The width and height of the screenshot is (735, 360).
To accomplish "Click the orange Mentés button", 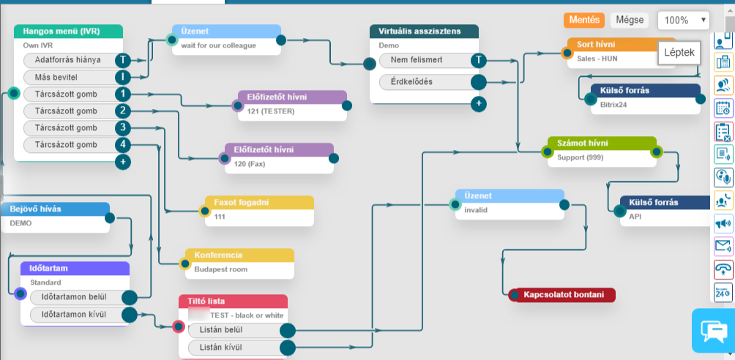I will [x=583, y=20].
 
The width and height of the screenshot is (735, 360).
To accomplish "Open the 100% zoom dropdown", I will [x=683, y=20].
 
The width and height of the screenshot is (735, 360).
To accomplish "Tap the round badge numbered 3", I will [x=123, y=127].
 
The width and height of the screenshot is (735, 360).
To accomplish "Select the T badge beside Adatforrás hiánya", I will [x=123, y=60].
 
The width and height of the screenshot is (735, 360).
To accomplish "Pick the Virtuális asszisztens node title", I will [x=424, y=31].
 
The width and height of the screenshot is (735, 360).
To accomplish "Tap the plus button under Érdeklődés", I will [x=479, y=103].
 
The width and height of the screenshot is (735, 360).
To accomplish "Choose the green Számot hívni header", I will [x=602, y=143].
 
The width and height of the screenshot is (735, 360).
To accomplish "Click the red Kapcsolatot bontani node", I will [x=564, y=295].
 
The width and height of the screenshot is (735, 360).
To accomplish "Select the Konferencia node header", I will [x=239, y=255].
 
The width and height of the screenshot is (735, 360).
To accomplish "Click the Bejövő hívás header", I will [x=55, y=209].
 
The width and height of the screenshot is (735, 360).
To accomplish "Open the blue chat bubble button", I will [x=712, y=330].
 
